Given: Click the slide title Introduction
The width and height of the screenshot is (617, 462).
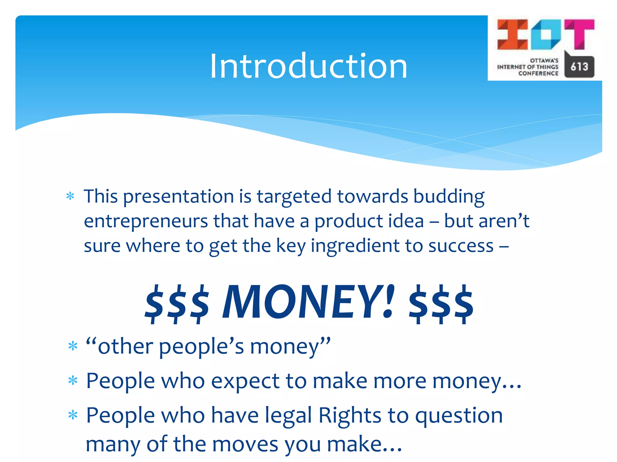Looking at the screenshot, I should coord(308,66).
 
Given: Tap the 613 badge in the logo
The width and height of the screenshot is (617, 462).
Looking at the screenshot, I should coord(579,66).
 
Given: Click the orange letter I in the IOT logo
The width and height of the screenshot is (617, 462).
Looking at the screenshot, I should coord(512,34).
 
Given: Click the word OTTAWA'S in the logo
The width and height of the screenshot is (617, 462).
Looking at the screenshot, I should coord(544,60).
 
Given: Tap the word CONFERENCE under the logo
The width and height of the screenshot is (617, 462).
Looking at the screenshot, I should coord(538,73).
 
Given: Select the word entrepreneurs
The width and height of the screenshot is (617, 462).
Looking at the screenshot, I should coord(146,221).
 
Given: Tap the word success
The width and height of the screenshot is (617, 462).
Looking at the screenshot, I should coord(461,246).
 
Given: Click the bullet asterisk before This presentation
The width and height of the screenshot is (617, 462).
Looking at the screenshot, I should coord(70,196).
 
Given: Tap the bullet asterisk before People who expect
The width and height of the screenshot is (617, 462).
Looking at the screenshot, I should coord(73,381).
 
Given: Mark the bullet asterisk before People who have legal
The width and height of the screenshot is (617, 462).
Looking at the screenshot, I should coord(73,416).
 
